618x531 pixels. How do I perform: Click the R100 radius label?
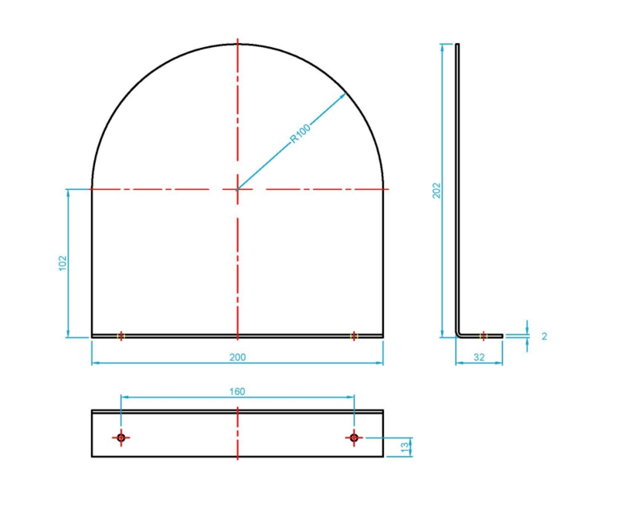[301, 133]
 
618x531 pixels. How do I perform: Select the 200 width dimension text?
[237, 357]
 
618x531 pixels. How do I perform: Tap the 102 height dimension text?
[63, 263]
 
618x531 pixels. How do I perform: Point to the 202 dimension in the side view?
[436, 191]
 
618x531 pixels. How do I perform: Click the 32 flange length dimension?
[479, 357]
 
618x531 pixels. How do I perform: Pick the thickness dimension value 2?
[545, 336]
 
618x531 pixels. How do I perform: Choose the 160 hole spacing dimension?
[237, 391]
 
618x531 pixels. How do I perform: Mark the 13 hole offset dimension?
[404, 447]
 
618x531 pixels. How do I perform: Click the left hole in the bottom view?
[121, 438]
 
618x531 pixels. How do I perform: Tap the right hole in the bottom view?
[354, 438]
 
